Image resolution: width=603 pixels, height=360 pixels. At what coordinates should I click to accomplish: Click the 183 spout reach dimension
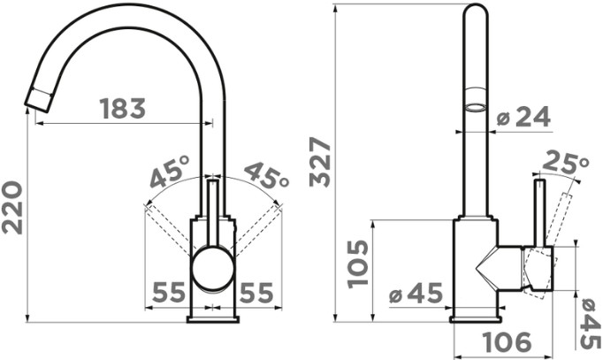tap(123, 108)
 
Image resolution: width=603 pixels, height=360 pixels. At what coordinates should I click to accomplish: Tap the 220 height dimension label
tap(12, 208)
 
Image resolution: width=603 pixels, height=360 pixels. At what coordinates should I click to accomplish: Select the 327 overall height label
tap(320, 162)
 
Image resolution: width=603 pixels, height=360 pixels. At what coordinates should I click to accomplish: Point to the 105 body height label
tap(358, 264)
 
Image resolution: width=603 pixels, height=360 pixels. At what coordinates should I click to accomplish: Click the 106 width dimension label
tap(506, 342)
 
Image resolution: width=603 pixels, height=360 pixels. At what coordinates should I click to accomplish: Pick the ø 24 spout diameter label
tap(523, 117)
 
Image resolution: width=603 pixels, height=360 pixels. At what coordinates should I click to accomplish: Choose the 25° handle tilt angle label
tap(565, 162)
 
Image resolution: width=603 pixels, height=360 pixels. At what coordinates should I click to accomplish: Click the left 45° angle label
tap(169, 172)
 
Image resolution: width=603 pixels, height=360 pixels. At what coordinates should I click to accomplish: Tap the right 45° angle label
tap(266, 175)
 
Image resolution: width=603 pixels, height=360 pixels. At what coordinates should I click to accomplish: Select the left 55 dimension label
tap(169, 292)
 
